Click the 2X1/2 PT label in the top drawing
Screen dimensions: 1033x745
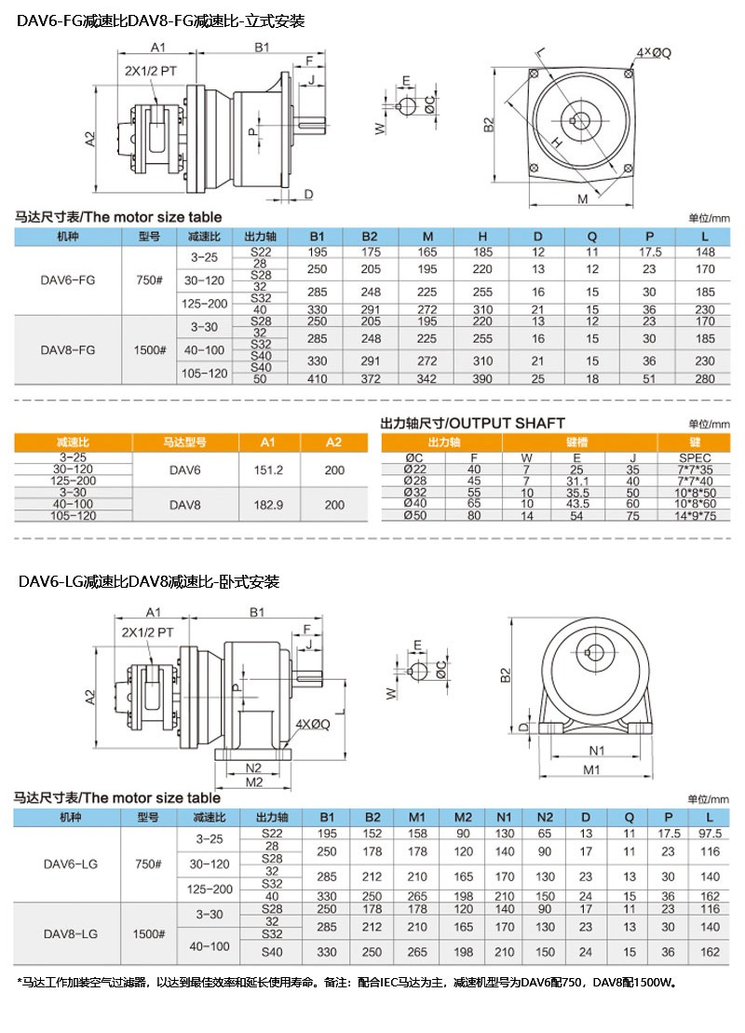pos(149,70)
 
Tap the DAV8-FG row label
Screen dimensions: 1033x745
pos(68,350)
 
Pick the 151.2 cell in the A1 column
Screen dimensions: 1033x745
pos(268,470)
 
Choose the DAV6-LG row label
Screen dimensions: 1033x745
pos(68,863)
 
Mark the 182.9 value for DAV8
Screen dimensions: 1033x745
pos(268,503)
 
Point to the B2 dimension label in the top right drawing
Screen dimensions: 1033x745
pos(488,126)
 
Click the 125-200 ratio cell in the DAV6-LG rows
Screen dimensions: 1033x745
pos(209,890)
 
